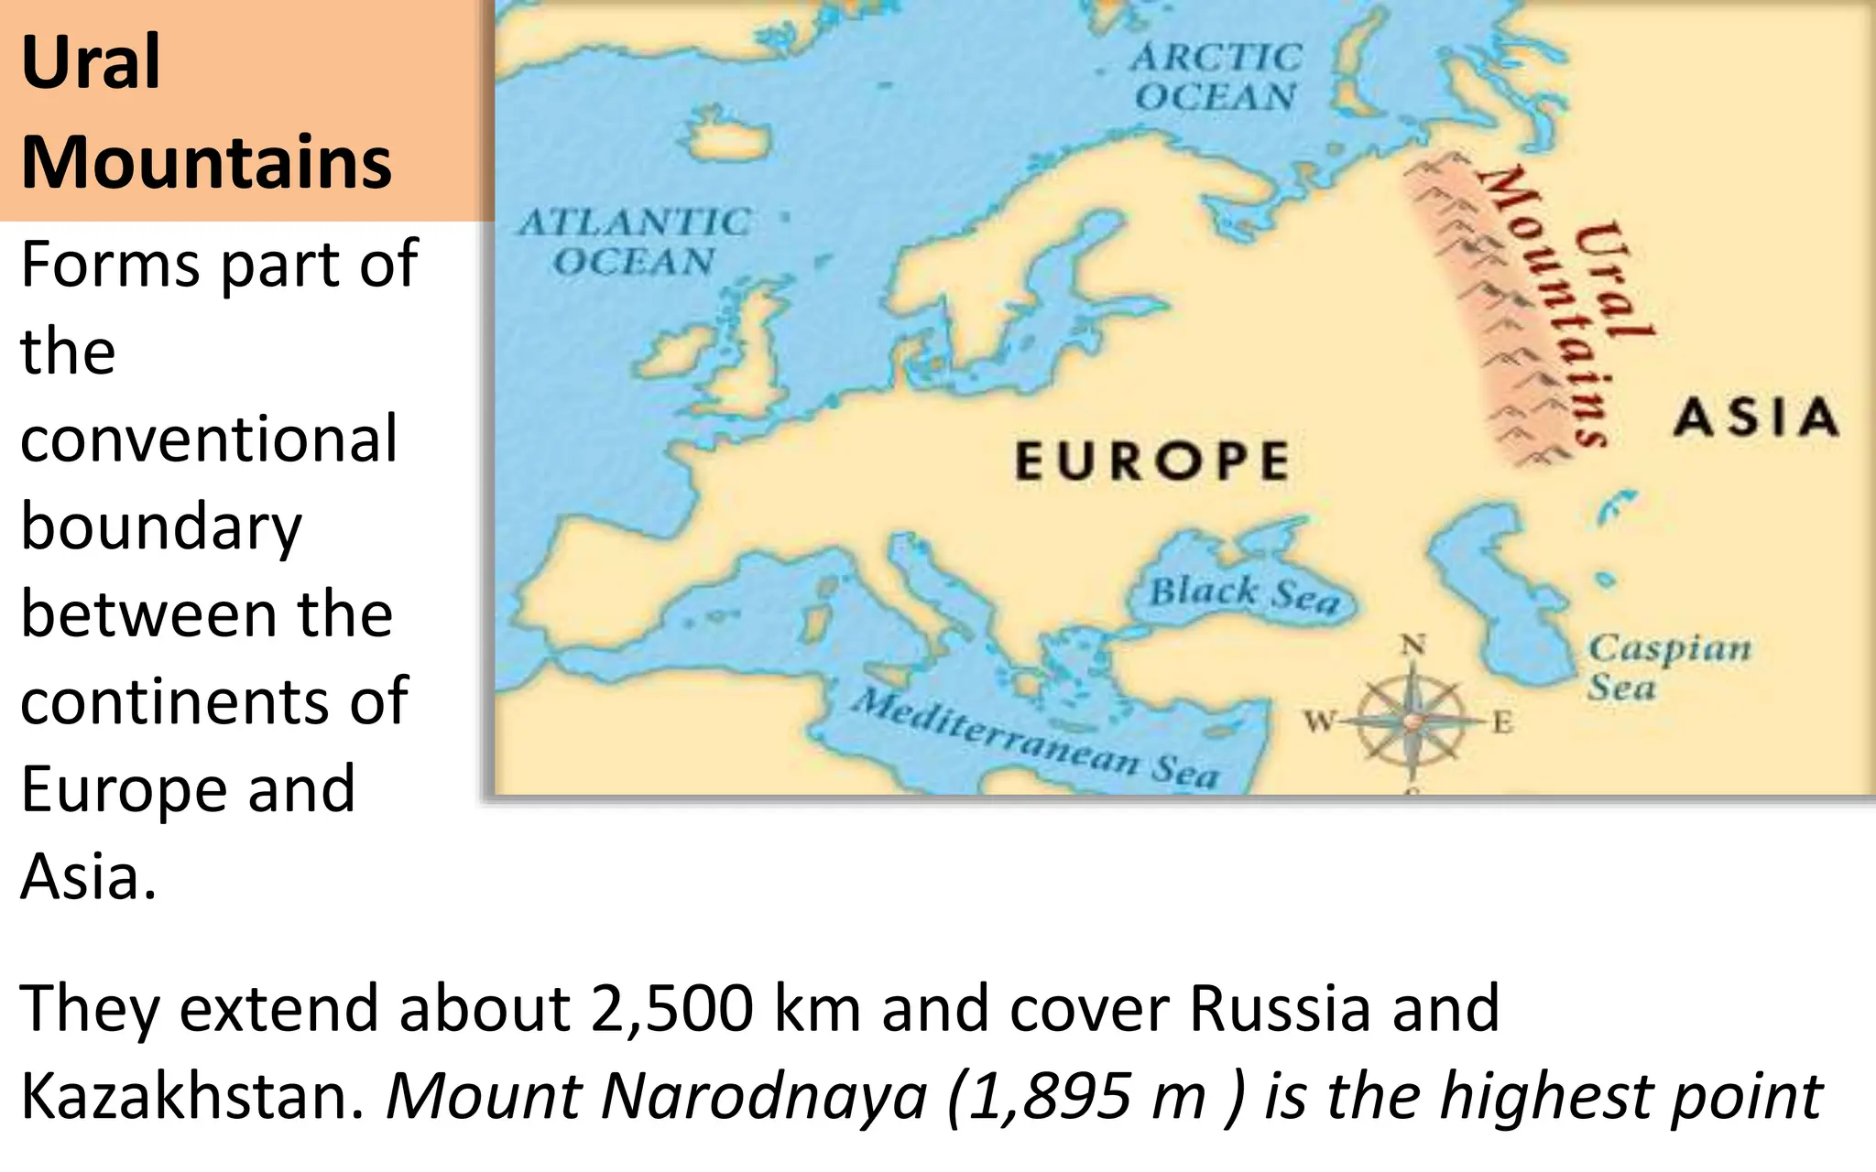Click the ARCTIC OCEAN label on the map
coord(1216,77)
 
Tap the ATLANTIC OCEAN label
coord(634,242)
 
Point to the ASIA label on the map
coord(1756,418)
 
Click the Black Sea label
coord(1244,594)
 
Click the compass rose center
coord(1412,722)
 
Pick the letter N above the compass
coord(1413,646)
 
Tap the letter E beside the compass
coord(1502,723)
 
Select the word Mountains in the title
coord(206,162)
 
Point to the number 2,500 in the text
coord(673,1008)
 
